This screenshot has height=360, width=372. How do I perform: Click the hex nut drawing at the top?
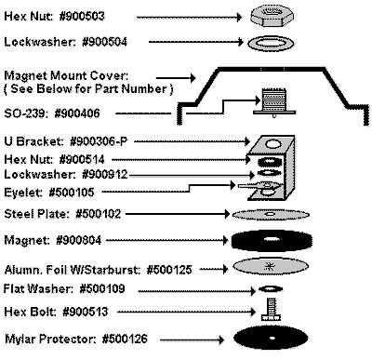click(x=270, y=17)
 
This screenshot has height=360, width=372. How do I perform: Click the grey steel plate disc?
click(x=269, y=215)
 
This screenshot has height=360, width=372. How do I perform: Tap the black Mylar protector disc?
click(x=269, y=336)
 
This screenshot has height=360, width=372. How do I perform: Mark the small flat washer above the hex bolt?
click(x=268, y=291)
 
